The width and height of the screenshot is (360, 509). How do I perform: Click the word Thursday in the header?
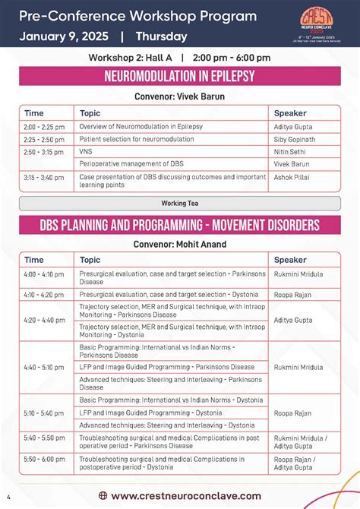pyautogui.click(x=161, y=36)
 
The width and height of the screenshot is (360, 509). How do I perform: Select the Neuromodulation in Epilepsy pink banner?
pyautogui.click(x=179, y=77)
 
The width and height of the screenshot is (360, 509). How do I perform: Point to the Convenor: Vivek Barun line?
pyautogui.click(x=179, y=96)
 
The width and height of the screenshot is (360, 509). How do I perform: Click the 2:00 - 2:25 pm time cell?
pyautogui.click(x=44, y=126)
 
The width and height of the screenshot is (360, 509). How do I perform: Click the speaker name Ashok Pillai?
pyautogui.click(x=292, y=177)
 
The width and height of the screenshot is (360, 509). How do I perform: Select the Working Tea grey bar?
pyautogui.click(x=179, y=203)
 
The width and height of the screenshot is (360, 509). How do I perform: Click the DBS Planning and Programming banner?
pyautogui.click(x=179, y=225)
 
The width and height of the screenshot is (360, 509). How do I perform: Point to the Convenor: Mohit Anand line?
pyautogui.click(x=179, y=245)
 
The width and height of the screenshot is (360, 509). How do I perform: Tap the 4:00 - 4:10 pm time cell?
pyautogui.click(x=44, y=273)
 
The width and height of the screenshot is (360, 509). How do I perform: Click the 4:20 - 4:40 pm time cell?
pyautogui.click(x=44, y=321)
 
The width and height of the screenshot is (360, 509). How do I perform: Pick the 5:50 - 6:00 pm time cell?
pyautogui.click(x=44, y=459)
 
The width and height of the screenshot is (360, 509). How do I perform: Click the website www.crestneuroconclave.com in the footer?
pyautogui.click(x=186, y=475)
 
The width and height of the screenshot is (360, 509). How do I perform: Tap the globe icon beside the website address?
pyautogui.click(x=103, y=475)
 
